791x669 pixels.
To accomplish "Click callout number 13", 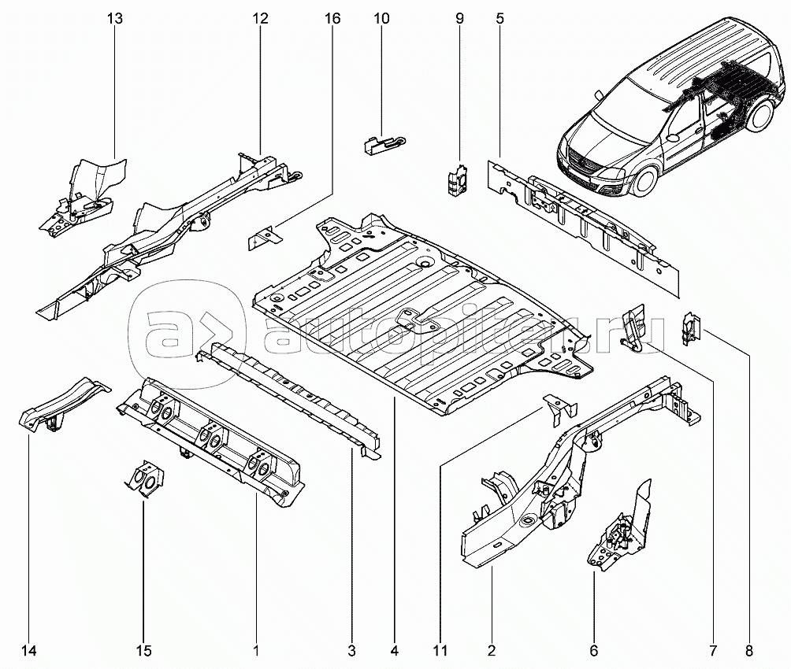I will pyautogui.click(x=115, y=18).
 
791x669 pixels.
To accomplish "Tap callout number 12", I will pyautogui.click(x=261, y=18).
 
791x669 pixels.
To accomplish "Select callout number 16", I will pyautogui.click(x=333, y=18).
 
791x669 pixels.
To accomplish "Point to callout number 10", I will pyautogui.click(x=381, y=18).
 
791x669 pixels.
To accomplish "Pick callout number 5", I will pyautogui.click(x=500, y=18).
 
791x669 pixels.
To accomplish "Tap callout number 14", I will pyautogui.click(x=30, y=651).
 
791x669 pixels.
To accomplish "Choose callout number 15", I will pyautogui.click(x=143, y=651).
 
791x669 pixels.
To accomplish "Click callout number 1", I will pyautogui.click(x=256, y=651).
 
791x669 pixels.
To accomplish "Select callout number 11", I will pyautogui.click(x=440, y=651).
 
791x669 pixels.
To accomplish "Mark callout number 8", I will pyautogui.click(x=748, y=651).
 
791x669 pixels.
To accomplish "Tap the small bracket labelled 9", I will pyautogui.click(x=456, y=177).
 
